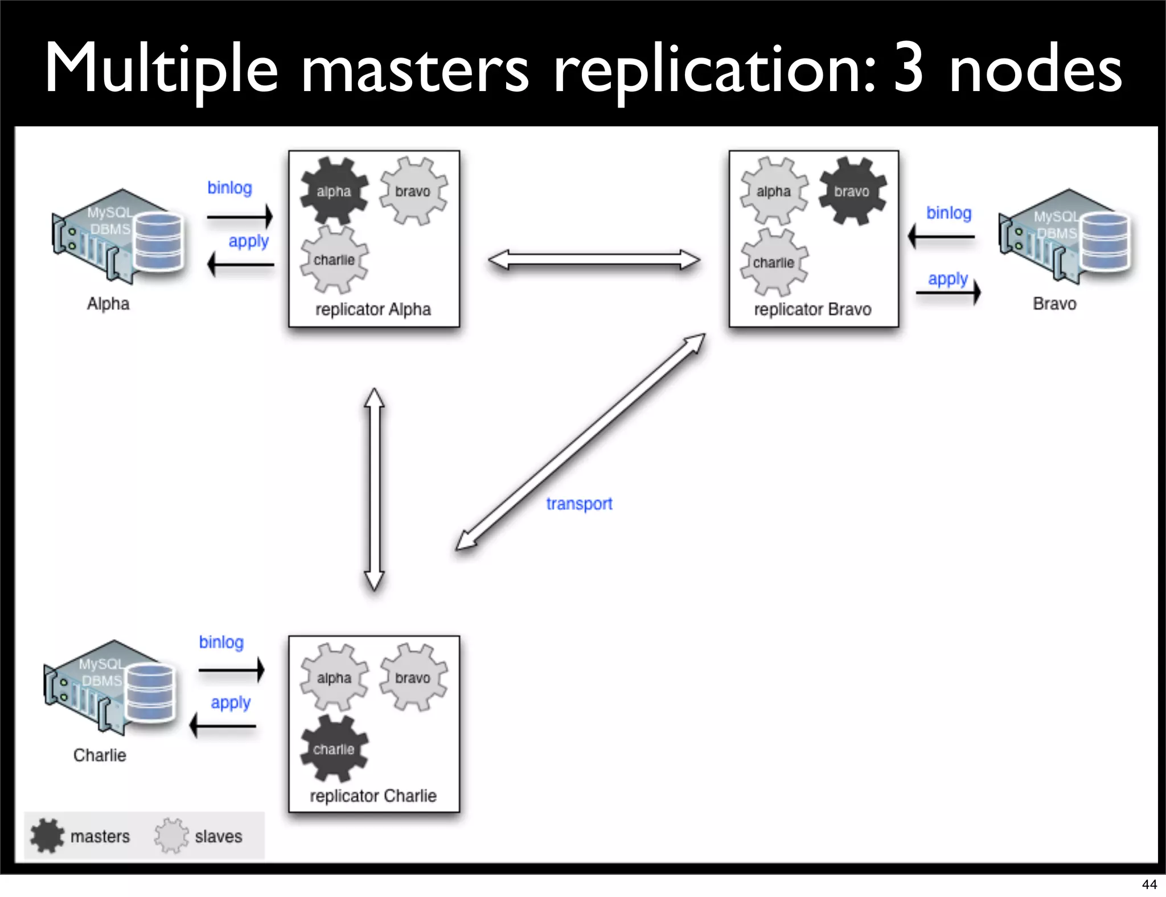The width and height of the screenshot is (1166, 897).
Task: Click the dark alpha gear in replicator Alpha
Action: pos(334,191)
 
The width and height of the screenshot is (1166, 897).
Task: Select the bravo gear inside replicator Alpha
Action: pos(413,191)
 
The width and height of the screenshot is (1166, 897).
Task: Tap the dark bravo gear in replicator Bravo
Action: pos(852,191)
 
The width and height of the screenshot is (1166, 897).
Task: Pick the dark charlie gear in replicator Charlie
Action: pos(334,749)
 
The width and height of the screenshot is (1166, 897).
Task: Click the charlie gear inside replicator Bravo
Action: pos(774,262)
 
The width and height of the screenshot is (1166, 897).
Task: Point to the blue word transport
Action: pos(579,504)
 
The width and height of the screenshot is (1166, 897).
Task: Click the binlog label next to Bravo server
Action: pos(949,213)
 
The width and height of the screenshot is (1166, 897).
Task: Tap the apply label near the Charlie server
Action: pos(231,703)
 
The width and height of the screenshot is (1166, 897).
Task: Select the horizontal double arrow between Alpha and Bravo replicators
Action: pos(594,260)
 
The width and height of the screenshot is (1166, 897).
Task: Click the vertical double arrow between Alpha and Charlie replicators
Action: pos(374,489)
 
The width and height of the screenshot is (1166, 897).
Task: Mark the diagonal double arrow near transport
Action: pos(581,442)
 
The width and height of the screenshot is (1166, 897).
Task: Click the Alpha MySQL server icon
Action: pos(118,236)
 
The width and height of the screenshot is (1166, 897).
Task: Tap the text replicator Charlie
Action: pos(373,796)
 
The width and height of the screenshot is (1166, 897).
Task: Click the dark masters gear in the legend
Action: pos(47,836)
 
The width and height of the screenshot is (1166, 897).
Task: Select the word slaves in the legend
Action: pos(218,837)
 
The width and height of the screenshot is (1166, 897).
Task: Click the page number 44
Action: pos(1149,884)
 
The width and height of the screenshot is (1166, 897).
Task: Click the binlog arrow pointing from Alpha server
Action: pos(240,217)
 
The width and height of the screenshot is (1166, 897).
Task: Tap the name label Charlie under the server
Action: pos(100,755)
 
